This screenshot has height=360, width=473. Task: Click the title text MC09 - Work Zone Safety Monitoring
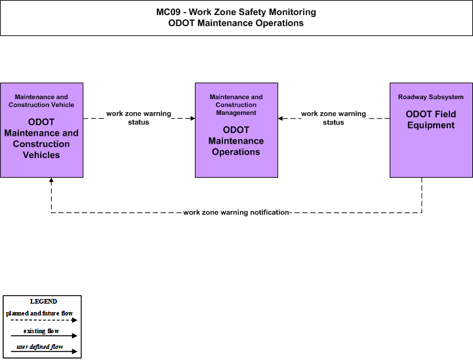click(x=236, y=12)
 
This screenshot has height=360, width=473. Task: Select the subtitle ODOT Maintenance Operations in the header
click(x=236, y=23)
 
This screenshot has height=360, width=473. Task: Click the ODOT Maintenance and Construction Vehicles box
click(x=41, y=130)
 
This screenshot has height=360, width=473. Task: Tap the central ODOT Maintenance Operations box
click(x=236, y=130)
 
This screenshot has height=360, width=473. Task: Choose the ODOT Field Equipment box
click(x=431, y=130)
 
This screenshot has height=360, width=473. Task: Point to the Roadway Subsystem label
click(x=431, y=97)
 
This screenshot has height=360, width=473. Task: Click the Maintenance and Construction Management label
click(x=236, y=105)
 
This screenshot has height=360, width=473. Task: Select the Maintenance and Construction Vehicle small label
click(x=41, y=101)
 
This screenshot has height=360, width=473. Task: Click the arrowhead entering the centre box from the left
click(x=193, y=118)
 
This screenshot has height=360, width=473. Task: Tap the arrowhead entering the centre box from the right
click(x=280, y=119)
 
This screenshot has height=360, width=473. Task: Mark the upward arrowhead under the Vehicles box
click(x=51, y=180)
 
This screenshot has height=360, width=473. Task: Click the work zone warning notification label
click(x=236, y=212)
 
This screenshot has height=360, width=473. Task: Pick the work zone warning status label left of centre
click(x=138, y=118)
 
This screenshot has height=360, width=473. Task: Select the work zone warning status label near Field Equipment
click(x=333, y=118)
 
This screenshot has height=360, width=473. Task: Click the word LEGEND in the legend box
click(x=43, y=302)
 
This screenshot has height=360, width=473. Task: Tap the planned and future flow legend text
click(x=39, y=313)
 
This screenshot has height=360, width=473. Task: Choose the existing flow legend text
click(x=41, y=331)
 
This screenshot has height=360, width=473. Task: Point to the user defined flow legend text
click(x=40, y=347)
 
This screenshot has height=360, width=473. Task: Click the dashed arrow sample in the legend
click(x=44, y=320)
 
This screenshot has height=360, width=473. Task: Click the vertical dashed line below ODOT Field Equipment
click(x=421, y=195)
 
